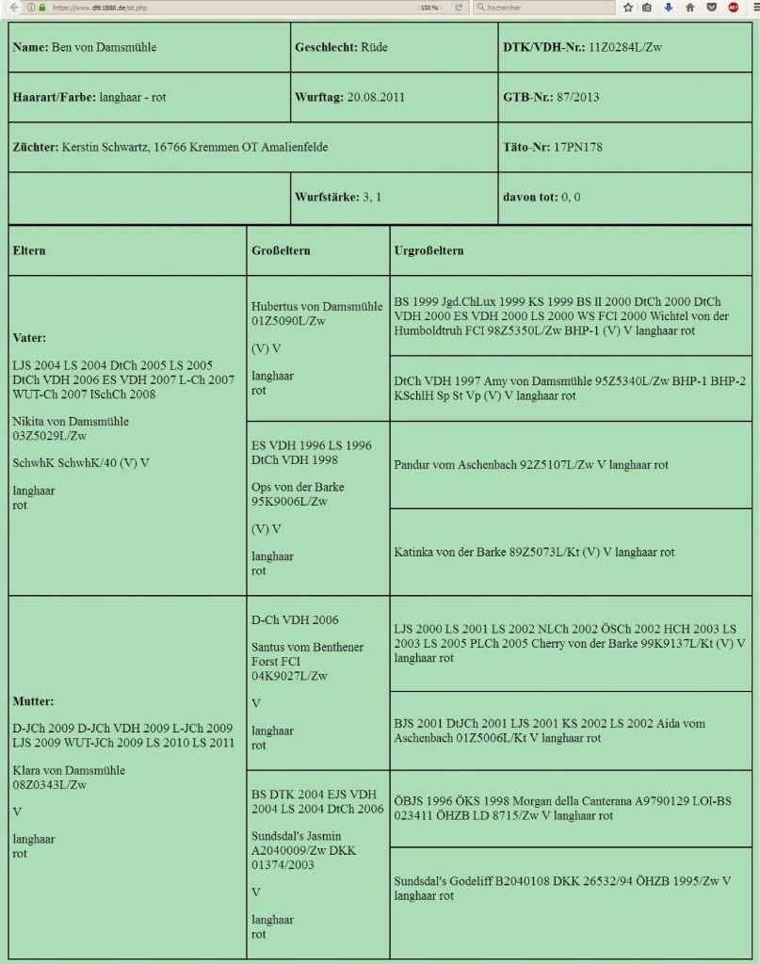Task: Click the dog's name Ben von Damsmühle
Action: coord(104,47)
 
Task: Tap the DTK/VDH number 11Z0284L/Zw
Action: coord(624,47)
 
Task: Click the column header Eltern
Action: coord(29,250)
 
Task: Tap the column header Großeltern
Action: coord(281,250)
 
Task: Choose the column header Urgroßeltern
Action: coord(429,250)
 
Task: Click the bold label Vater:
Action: coord(29,338)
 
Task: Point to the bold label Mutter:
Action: coord(33,701)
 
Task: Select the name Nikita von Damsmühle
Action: coord(71,421)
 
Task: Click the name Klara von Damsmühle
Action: coord(68,770)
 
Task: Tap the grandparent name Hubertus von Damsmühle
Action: coord(316,306)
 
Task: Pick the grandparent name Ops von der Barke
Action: coord(298,487)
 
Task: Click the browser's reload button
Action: coord(459,7)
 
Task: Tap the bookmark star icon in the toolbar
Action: coord(628,7)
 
